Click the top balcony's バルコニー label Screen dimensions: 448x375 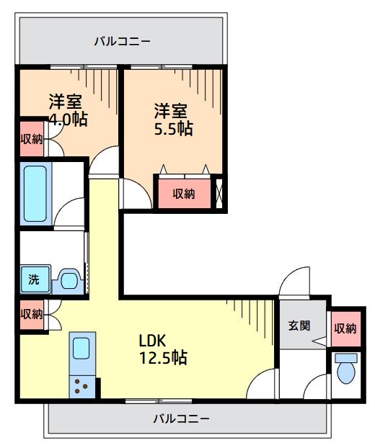(122, 41)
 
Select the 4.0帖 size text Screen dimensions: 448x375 (68, 119)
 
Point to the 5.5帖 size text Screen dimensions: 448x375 (173, 129)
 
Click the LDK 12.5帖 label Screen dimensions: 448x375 (163, 349)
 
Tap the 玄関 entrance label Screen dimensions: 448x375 (299, 326)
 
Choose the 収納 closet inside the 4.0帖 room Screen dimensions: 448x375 (31, 138)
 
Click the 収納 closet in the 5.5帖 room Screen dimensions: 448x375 (184, 193)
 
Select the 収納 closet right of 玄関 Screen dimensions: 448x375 (345, 328)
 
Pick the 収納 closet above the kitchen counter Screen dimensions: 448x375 (31, 314)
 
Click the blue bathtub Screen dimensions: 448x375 (36, 193)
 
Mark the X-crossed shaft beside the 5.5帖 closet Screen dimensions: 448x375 (220, 193)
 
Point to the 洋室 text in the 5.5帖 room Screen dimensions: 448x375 (172, 111)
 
